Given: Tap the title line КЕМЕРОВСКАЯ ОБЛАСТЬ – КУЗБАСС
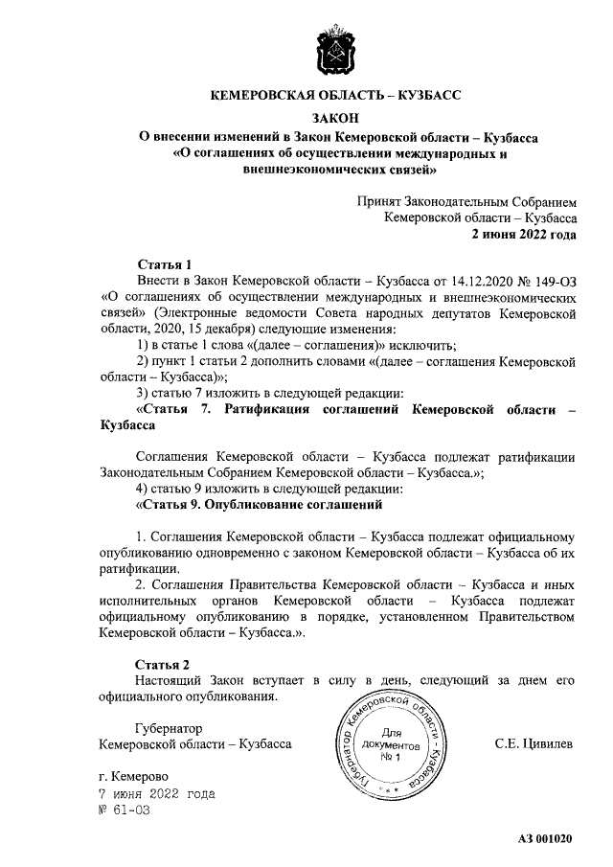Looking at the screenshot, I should tap(335, 96).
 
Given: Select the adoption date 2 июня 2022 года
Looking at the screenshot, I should tap(523, 234).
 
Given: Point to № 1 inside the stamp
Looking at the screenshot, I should tap(389, 757).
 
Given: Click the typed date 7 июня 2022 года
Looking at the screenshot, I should tap(157, 793).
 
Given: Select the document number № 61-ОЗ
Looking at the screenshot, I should tap(125, 810).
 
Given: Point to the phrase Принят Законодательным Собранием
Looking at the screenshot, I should tap(467, 202).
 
